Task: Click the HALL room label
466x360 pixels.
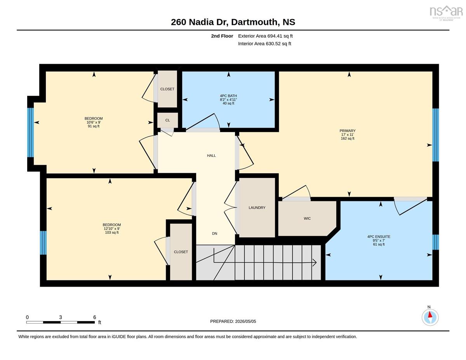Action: (211, 156)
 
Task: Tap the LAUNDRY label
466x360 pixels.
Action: (257, 208)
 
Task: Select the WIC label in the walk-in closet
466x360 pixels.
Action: (307, 219)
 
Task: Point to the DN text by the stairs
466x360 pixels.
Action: (214, 233)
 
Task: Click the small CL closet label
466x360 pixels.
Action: (167, 120)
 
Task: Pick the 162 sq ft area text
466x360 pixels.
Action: (348, 139)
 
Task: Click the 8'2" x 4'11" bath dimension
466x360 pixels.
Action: (228, 100)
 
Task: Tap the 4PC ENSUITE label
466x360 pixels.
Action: (379, 237)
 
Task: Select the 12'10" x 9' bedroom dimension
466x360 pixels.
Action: (112, 229)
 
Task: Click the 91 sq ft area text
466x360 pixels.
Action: (94, 126)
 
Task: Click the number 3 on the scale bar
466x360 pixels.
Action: (61, 317)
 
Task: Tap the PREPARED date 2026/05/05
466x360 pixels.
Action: (245, 322)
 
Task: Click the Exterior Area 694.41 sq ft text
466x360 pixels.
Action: (265, 36)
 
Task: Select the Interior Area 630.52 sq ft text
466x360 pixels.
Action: (264, 43)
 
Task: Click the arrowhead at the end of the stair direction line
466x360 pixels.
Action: (315, 263)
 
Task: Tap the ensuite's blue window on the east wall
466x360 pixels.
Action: (435, 242)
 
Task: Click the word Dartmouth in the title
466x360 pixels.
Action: (254, 22)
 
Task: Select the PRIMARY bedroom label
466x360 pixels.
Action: (348, 131)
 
